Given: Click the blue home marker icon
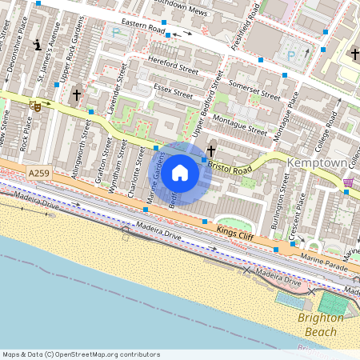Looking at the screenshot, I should (x=180, y=173).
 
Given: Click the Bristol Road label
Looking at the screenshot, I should (x=230, y=166).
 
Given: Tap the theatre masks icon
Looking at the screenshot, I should (x=35, y=106).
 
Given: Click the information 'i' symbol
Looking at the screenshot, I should (x=37, y=43).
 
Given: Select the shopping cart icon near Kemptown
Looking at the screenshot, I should (x=348, y=182).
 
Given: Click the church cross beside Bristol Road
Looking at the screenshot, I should (x=211, y=150).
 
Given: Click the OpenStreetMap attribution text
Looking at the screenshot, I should (x=80, y=354).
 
